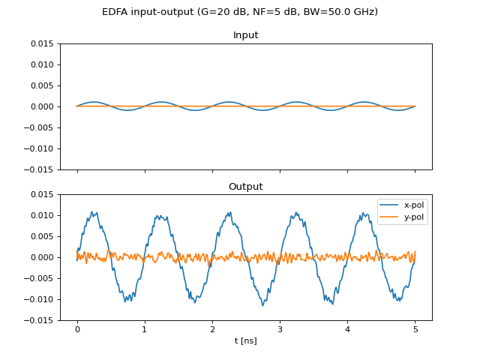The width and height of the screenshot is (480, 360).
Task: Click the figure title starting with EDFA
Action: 240,12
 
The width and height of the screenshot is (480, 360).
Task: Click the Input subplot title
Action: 246,35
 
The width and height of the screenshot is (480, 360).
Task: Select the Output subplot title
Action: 246,187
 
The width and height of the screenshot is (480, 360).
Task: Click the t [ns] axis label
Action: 246,340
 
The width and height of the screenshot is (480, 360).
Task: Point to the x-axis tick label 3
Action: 280,329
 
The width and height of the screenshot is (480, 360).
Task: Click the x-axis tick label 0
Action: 77,329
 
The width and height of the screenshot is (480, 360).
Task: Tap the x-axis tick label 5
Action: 415,329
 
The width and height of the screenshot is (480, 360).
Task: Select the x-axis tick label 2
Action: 212,329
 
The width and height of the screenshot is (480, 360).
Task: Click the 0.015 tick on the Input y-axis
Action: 42,43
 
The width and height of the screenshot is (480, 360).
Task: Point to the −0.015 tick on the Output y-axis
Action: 39,320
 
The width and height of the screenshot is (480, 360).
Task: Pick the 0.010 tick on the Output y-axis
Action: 42,215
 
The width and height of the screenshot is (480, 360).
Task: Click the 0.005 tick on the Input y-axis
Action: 42,85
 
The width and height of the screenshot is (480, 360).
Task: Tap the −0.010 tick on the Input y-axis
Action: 39,148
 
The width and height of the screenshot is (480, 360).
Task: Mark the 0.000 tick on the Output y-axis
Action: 42,257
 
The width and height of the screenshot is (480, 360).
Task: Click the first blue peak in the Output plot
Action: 91,211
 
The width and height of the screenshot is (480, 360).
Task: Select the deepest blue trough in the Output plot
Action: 262,305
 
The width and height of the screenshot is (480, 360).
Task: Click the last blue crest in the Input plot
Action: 364,102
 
